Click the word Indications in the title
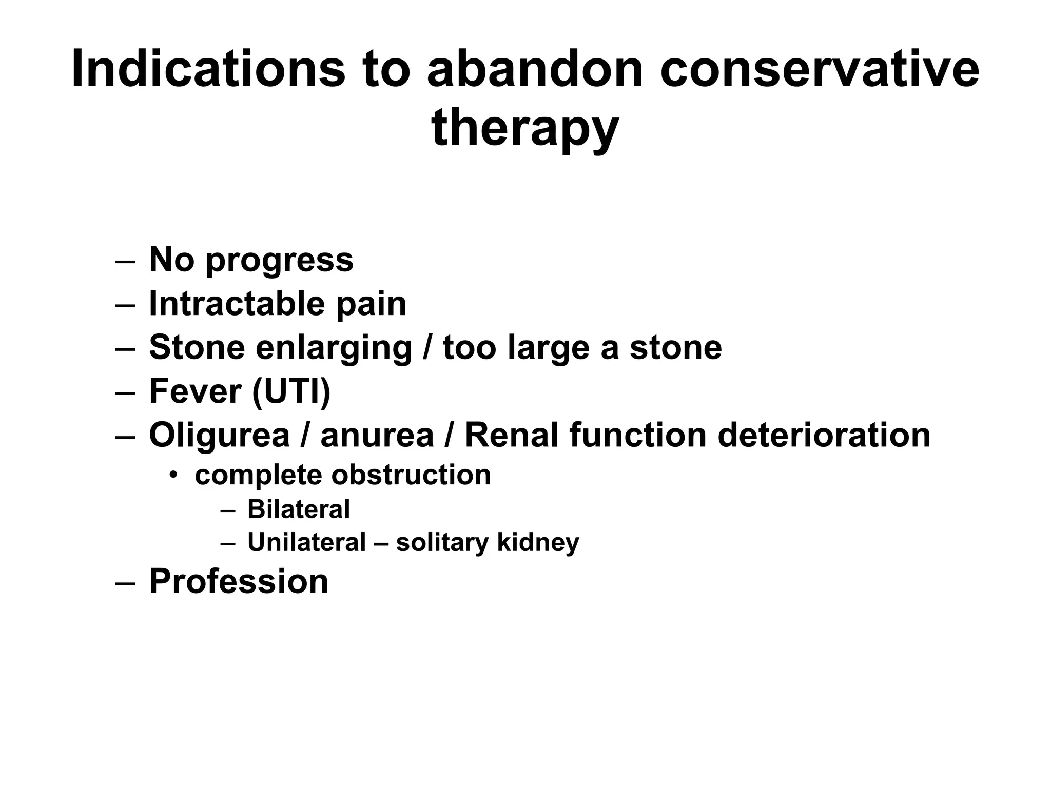(x=208, y=69)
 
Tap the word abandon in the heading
(x=535, y=69)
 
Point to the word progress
(x=279, y=261)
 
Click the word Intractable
(x=237, y=304)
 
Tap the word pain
(x=371, y=305)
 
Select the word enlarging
(x=334, y=348)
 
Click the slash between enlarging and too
(x=427, y=348)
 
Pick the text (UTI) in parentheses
(x=291, y=391)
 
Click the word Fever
(x=195, y=391)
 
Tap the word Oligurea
(x=219, y=436)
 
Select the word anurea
(x=377, y=436)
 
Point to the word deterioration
(x=823, y=436)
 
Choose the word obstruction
(x=411, y=475)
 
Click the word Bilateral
(x=298, y=509)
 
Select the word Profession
(x=239, y=582)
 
